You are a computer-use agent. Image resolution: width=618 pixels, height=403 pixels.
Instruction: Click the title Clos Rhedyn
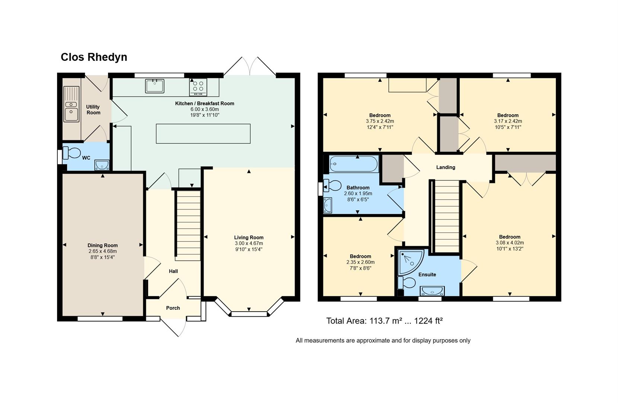coord(94,57)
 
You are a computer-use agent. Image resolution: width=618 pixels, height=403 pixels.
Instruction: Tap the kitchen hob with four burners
coord(198,87)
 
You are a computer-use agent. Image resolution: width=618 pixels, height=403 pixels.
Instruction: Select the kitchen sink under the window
coord(155,86)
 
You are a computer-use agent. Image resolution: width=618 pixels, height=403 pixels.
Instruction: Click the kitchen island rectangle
coord(203,134)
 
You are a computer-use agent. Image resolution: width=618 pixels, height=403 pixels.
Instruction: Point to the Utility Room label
coord(93,110)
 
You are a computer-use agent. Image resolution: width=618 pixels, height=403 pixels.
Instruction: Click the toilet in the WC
coord(72,153)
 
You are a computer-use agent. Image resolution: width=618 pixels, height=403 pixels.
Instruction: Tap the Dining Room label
coord(103,245)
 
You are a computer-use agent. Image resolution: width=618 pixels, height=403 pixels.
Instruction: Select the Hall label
coord(173,271)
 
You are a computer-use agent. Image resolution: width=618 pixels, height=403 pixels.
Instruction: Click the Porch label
coord(173,308)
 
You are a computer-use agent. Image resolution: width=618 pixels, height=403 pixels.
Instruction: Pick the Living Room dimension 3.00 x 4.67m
coord(249,243)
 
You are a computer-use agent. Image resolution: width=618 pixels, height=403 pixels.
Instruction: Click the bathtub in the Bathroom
coord(354,164)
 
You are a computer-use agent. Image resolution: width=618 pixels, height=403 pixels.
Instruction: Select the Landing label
coord(446,167)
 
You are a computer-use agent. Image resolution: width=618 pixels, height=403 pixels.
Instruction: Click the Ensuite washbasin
coord(432,291)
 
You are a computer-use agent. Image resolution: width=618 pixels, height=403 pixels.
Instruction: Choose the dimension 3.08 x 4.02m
coord(510,243)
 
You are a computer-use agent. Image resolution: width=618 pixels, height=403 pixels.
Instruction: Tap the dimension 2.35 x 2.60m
coord(360,262)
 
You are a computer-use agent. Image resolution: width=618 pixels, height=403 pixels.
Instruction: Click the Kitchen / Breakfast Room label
coord(205,103)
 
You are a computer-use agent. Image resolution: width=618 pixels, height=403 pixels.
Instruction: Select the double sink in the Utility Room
coord(72,104)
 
